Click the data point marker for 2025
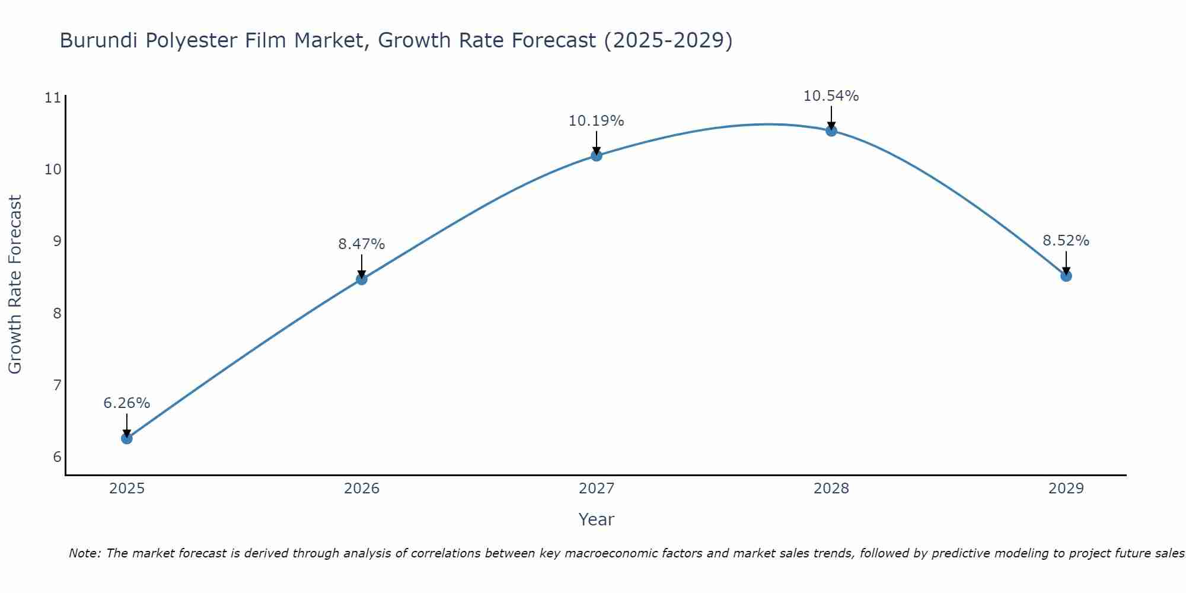coord(126,438)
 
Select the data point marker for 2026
coord(362,279)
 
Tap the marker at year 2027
coord(597,155)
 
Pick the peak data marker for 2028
coord(831,130)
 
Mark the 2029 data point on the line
coord(1066,276)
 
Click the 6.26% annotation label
coord(126,403)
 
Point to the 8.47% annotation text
coord(362,244)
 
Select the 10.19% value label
coord(596,121)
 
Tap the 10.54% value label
coord(831,96)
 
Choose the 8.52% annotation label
coord(1066,241)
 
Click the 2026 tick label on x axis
coord(362,489)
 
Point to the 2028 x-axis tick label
coord(831,489)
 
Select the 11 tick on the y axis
coord(53,98)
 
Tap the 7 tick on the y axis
coord(57,385)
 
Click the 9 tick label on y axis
coord(57,241)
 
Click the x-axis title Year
coord(596,519)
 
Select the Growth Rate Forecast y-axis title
coord(15,285)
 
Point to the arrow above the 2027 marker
coord(597,142)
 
